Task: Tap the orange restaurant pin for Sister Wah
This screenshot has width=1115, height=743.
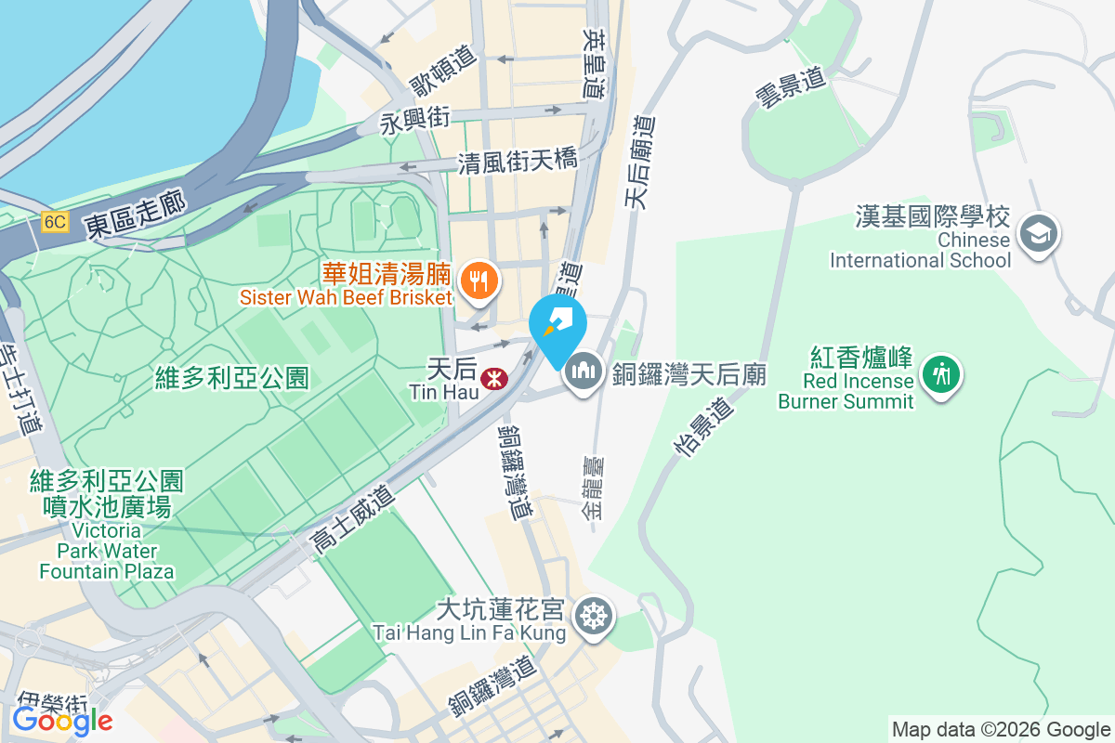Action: click(479, 278)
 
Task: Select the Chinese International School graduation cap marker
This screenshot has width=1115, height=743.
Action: click(1038, 232)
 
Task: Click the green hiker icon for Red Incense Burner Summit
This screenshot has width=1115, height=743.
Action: click(942, 373)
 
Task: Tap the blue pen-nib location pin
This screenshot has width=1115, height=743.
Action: click(557, 324)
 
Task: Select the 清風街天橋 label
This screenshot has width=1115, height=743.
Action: click(518, 163)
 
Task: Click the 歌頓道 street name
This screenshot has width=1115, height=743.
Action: click(443, 71)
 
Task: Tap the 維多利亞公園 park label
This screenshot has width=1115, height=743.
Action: click(231, 378)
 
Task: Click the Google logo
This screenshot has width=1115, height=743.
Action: click(62, 720)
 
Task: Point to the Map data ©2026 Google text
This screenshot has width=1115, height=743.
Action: click(1001, 730)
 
